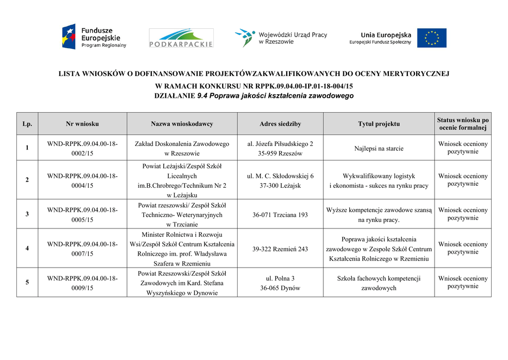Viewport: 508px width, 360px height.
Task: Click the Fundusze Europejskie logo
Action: [x=94, y=37]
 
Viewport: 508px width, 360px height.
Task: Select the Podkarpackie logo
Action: [x=181, y=38]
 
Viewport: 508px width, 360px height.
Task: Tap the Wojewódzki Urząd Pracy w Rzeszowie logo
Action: [x=281, y=38]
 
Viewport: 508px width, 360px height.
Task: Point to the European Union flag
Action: [x=431, y=38]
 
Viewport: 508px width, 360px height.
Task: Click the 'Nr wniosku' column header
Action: [x=82, y=124]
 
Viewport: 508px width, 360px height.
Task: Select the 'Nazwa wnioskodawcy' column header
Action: [x=182, y=124]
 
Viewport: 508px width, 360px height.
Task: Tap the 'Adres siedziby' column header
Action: [x=280, y=124]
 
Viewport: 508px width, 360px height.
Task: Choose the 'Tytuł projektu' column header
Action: [x=379, y=124]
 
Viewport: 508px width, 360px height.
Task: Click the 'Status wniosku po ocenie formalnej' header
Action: [x=463, y=124]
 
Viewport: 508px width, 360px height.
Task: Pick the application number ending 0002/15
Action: [x=82, y=148]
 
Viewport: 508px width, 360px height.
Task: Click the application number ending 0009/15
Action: [x=82, y=283]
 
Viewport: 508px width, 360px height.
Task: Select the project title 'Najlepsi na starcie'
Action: [x=379, y=148]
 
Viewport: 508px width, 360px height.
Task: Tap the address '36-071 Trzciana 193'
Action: [x=280, y=215]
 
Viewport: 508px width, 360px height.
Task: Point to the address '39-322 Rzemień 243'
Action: [x=280, y=249]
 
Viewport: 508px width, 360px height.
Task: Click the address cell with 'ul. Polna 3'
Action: [x=280, y=283]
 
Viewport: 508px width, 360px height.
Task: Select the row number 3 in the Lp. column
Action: [x=27, y=214]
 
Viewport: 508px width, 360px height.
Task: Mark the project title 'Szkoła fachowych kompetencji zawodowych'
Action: [x=379, y=283]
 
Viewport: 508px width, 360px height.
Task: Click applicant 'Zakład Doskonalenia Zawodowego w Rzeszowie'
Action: [x=182, y=148]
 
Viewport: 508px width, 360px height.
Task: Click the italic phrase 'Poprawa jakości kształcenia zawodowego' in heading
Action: [x=275, y=96]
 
